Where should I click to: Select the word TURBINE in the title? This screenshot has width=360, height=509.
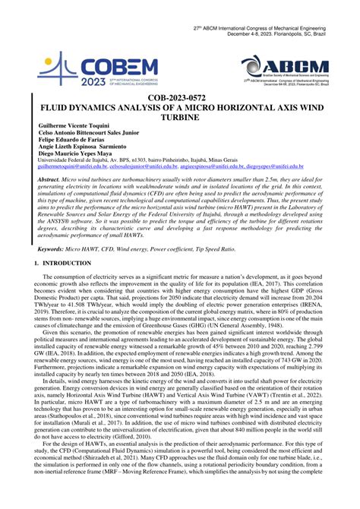point(181,119)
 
